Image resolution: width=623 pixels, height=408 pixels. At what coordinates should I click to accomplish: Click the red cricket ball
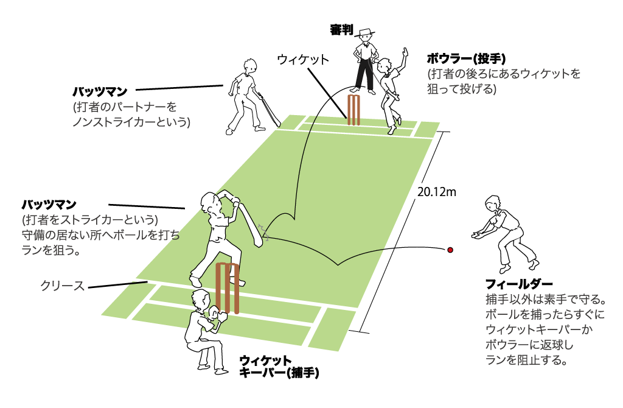(x=451, y=250)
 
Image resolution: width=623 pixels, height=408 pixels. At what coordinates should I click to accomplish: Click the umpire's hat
(x=364, y=32)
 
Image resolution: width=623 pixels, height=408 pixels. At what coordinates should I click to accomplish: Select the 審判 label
(x=338, y=30)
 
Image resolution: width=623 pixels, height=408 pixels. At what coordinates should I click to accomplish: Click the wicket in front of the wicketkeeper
(x=227, y=288)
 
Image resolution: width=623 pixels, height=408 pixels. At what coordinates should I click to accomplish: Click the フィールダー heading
(x=519, y=284)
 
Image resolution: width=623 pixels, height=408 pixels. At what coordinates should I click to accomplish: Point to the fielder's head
(x=492, y=203)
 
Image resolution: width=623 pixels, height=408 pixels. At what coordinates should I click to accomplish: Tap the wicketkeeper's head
(x=199, y=299)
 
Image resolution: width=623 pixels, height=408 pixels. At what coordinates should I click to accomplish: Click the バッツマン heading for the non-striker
(x=100, y=92)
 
